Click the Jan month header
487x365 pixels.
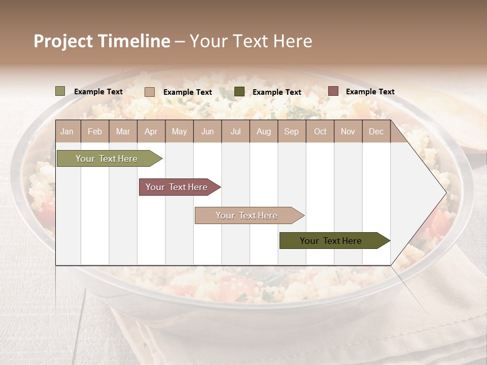67,132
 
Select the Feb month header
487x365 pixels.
95,132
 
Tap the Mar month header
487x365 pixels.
123,132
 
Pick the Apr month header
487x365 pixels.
151,132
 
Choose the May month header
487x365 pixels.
179,132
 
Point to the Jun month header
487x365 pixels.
207,132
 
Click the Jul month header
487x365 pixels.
235,132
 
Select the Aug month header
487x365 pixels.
264,132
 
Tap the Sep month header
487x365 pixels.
292,132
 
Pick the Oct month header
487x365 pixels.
320,132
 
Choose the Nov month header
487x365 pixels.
348,132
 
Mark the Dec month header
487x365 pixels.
376,132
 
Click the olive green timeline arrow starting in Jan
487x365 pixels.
107,159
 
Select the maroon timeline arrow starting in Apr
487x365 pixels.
177,187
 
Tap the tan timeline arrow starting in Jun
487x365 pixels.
247,215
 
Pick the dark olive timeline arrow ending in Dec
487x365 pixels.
331,241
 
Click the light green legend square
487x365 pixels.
60,91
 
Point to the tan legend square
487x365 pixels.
150,92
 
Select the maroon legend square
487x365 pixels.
333,91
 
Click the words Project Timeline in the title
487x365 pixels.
102,41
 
